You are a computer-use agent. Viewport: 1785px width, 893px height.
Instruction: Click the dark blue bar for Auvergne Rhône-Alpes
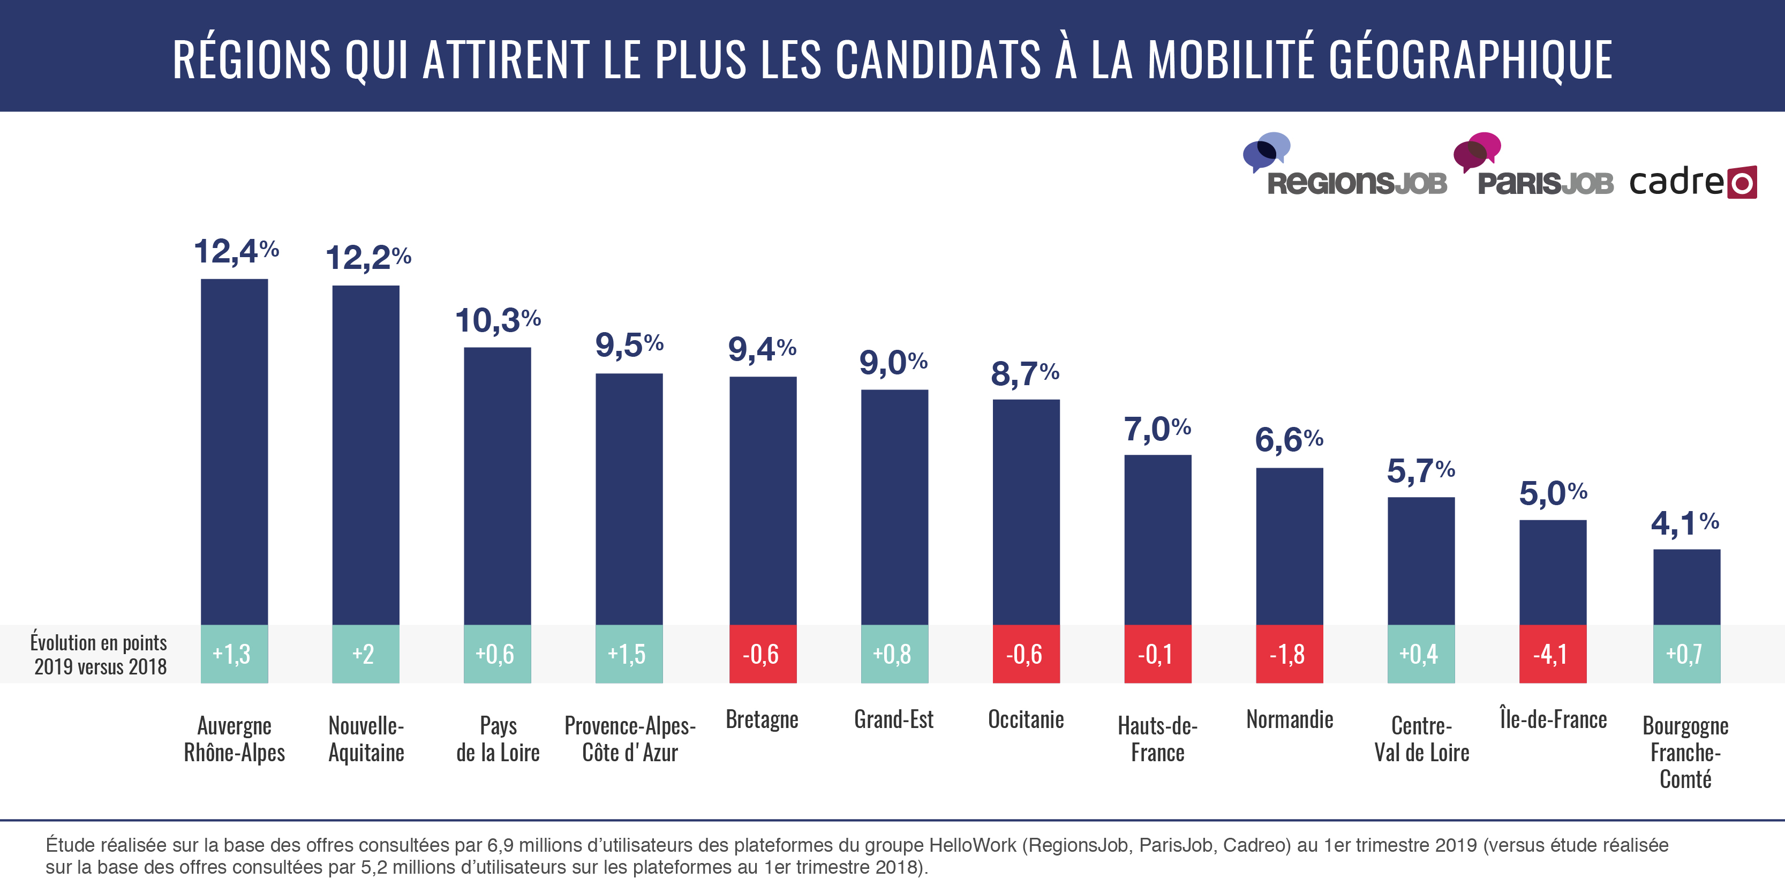(234, 451)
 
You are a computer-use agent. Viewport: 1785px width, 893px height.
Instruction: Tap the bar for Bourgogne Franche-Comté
(1686, 587)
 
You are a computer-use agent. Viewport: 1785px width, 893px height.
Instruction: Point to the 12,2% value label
(368, 258)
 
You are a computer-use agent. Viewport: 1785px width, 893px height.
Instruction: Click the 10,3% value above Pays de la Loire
(498, 320)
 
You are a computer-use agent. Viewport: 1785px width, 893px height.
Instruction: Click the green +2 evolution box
(365, 654)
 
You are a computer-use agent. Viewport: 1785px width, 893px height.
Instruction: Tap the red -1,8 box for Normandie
(1289, 654)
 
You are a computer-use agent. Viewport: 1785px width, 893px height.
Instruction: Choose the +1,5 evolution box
(629, 654)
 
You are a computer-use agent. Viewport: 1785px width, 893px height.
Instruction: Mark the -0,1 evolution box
(1157, 654)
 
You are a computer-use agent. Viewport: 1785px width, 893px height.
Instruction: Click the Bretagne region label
(762, 719)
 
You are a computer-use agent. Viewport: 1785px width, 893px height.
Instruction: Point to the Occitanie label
(1026, 719)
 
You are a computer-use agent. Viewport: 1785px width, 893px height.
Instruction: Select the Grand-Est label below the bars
(893, 719)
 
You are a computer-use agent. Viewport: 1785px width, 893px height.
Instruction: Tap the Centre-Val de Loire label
(1421, 738)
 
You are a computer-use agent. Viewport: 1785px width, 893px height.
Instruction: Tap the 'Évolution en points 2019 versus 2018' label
(99, 655)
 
